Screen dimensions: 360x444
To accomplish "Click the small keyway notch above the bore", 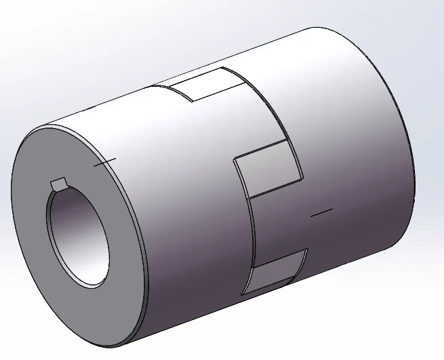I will (58, 184).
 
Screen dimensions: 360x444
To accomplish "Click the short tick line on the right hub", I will (321, 213).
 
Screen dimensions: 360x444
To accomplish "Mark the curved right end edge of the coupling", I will (410, 136).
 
